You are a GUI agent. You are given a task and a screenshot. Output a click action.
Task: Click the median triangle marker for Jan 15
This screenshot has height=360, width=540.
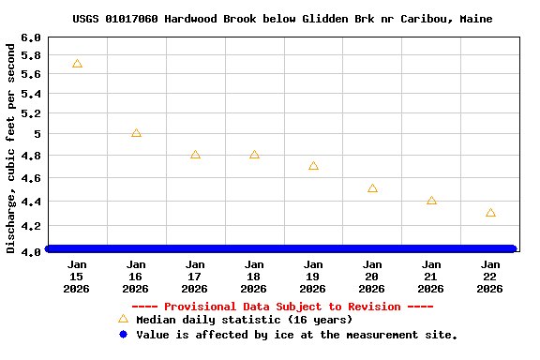point(77,64)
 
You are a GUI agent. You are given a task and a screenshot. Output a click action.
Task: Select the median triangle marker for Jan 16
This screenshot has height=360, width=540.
point(136,133)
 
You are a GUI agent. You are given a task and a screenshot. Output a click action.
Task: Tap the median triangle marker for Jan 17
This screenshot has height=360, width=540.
point(195,155)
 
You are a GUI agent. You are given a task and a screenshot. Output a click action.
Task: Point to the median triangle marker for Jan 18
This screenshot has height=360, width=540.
point(254,155)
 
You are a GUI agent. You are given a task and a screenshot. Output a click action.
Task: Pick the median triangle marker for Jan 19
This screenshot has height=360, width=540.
point(313,166)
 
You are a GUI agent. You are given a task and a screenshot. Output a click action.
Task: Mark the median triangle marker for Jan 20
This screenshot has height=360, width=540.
point(372,188)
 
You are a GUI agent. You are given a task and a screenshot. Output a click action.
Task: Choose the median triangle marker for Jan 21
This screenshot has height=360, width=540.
point(431,201)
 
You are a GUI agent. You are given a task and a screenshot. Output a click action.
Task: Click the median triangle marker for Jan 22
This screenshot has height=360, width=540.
point(490,213)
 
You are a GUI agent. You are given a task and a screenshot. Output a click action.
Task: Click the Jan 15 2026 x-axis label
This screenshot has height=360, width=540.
point(77,277)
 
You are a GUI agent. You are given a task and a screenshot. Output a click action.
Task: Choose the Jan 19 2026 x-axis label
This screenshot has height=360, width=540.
point(313,277)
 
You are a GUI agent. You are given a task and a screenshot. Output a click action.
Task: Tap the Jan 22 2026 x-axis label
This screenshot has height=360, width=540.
point(490,277)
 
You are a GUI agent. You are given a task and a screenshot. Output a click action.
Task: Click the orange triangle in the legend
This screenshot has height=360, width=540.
point(123,320)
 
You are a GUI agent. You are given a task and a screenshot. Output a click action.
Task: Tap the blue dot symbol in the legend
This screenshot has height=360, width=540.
point(123,335)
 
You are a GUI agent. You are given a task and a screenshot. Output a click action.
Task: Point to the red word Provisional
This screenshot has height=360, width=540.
point(201,307)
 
